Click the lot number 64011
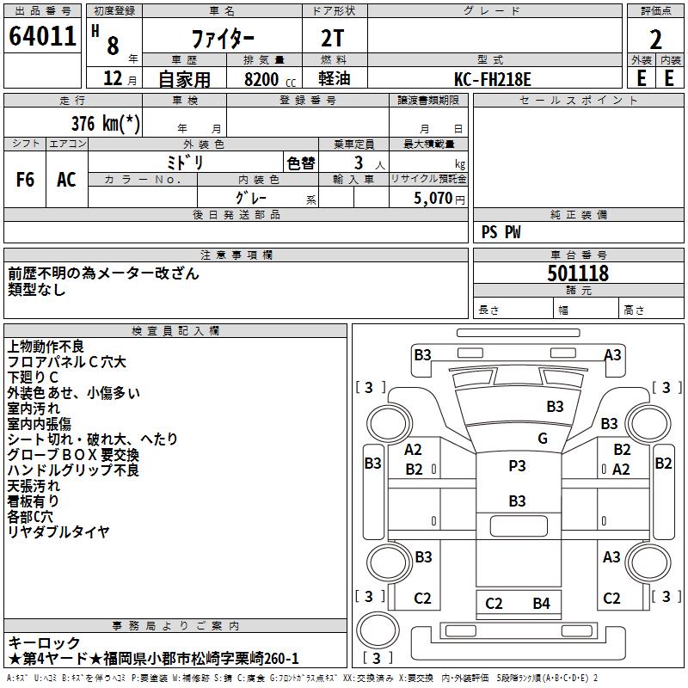tap(42, 36)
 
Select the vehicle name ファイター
tap(223, 39)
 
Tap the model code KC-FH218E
tap(492, 79)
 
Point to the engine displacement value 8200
tap(261, 79)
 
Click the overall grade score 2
tap(655, 40)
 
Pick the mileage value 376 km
tap(106, 123)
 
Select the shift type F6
tap(25, 180)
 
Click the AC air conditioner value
tap(67, 180)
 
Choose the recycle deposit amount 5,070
tap(433, 198)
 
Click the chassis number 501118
tap(578, 273)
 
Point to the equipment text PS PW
tap(501, 232)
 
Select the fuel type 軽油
tap(335, 78)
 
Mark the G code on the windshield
tap(543, 438)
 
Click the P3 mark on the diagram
tap(517, 465)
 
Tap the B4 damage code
tap(542, 604)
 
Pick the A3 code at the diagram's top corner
tap(612, 354)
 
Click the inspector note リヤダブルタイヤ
tap(58, 531)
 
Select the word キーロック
tap(45, 642)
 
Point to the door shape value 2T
tap(332, 38)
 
